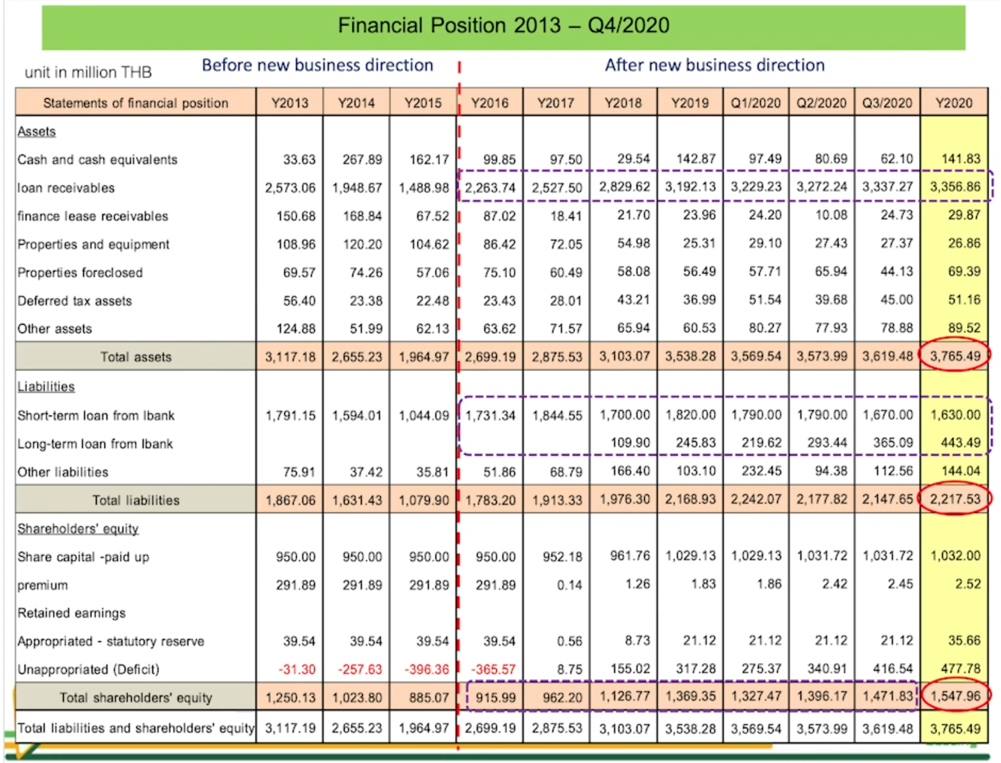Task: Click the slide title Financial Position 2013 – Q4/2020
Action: point(503,26)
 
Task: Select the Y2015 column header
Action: point(423,103)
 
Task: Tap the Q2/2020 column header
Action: point(821,103)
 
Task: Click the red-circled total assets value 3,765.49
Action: point(955,355)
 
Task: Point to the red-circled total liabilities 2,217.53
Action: point(955,499)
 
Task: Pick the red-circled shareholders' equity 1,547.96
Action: point(955,696)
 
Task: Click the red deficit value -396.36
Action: point(427,669)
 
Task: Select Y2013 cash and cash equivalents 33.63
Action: point(299,160)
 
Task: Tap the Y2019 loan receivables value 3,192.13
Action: point(690,187)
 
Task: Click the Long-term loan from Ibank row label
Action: point(95,444)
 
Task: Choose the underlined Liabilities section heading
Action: point(46,387)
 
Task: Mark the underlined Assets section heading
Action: point(36,132)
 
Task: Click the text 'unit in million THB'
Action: point(88,72)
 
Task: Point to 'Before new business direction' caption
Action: point(317,65)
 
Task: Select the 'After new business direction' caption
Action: point(714,65)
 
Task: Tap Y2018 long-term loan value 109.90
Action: point(631,443)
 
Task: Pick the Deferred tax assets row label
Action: point(75,301)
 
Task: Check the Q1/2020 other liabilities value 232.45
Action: point(762,471)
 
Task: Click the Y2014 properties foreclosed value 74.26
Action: point(366,273)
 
